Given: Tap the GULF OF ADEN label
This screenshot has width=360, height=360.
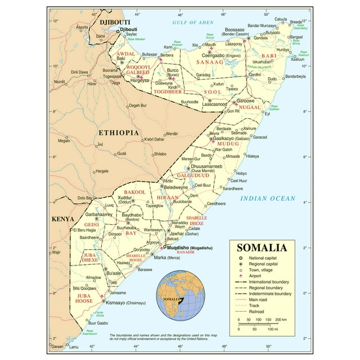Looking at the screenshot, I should coord(193,22).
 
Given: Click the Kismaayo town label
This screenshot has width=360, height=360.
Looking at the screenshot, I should coord(116,303).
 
